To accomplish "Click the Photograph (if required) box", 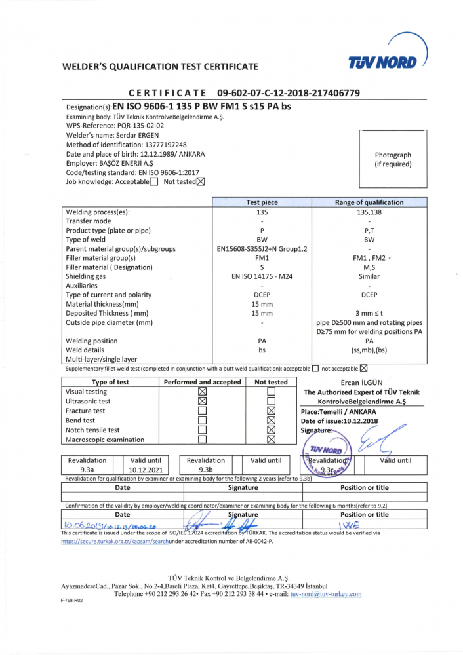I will pyautogui.click(x=393, y=159).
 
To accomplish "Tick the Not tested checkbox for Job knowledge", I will pyautogui.click(x=201, y=182).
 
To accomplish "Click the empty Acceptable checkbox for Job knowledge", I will pyautogui.click(x=153, y=182).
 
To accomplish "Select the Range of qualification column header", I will pyautogui.click(x=369, y=202).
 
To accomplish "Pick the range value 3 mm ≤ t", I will pyautogui.click(x=369, y=314).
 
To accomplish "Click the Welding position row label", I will pyautogui.click(x=92, y=341).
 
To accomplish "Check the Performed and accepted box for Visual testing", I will pyautogui.click(x=202, y=392).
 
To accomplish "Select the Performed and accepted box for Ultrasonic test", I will pyautogui.click(x=202, y=402).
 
